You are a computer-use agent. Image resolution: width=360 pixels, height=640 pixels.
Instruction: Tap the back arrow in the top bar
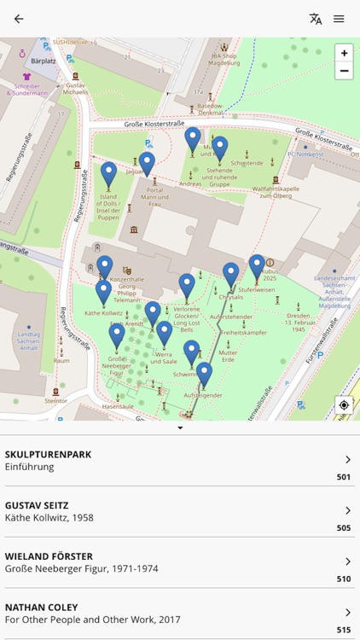coord(19,19)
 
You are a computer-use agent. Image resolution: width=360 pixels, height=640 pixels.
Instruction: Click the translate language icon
coord(316,19)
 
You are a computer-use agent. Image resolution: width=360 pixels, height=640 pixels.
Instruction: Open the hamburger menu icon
coord(340,19)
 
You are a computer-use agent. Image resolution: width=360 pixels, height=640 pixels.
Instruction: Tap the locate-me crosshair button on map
coord(344,405)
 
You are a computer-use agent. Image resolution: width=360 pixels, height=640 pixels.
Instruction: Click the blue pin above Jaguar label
coord(147,161)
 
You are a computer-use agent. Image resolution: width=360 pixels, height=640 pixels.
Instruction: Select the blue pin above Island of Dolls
coord(108,173)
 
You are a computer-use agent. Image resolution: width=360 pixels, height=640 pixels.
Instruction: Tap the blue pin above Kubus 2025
coord(257,265)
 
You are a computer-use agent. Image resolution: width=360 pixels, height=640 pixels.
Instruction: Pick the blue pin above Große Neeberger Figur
coord(117,335)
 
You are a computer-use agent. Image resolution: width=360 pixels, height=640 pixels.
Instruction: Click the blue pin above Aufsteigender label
coord(204,372)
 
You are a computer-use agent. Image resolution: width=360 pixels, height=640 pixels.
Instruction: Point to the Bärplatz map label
coord(43,61)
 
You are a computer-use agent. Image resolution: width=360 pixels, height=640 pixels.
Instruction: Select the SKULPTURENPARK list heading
coord(48,454)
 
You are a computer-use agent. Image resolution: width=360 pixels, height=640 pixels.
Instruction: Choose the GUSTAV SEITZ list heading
coord(40,505)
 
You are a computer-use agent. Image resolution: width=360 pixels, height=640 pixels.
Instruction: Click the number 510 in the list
coord(343,579)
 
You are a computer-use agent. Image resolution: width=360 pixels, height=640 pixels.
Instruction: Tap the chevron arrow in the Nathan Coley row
coord(347,613)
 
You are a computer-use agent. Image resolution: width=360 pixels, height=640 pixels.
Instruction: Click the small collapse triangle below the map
coord(180,428)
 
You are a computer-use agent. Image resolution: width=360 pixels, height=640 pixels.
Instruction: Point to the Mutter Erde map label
coord(228,357)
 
